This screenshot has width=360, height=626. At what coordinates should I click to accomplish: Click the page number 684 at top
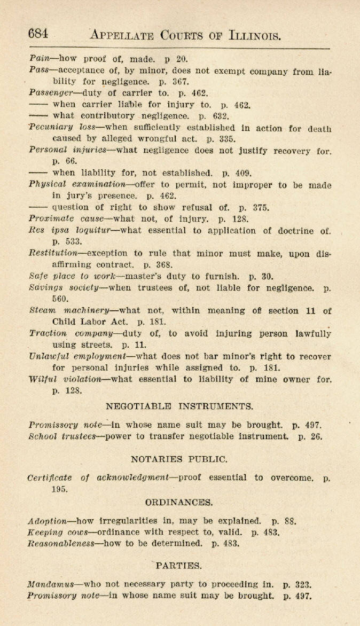pyautogui.click(x=38, y=34)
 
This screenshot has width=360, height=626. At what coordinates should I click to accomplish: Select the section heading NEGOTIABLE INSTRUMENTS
pyautogui.click(x=179, y=406)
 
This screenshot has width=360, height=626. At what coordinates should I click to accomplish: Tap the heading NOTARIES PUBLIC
pyautogui.click(x=179, y=459)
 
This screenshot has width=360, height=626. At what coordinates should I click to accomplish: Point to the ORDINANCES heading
pyautogui.click(x=179, y=502)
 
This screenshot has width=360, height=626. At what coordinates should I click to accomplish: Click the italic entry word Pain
pyautogui.click(x=40, y=59)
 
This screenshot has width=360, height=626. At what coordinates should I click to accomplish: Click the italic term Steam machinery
pyautogui.click(x=69, y=310)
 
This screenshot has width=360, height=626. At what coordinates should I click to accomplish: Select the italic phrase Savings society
pyautogui.click(x=64, y=288)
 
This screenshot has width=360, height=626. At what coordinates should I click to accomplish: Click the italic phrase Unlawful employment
pyautogui.click(x=77, y=356)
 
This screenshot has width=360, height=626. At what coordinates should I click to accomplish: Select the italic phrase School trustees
pyautogui.click(x=62, y=436)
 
